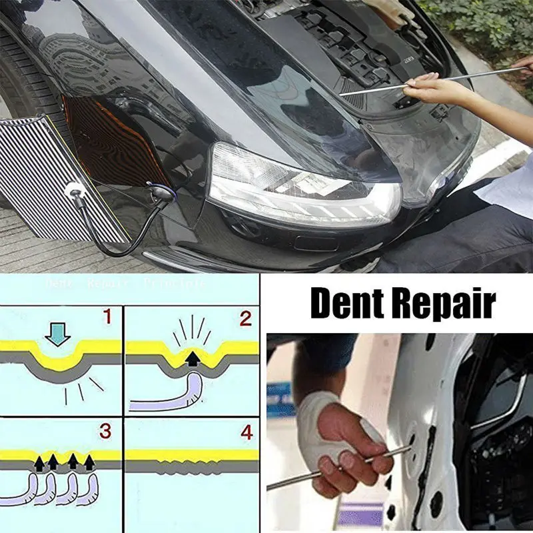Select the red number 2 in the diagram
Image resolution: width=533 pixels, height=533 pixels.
245,319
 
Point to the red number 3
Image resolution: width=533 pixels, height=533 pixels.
106,432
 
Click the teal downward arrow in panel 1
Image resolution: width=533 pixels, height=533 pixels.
59,335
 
